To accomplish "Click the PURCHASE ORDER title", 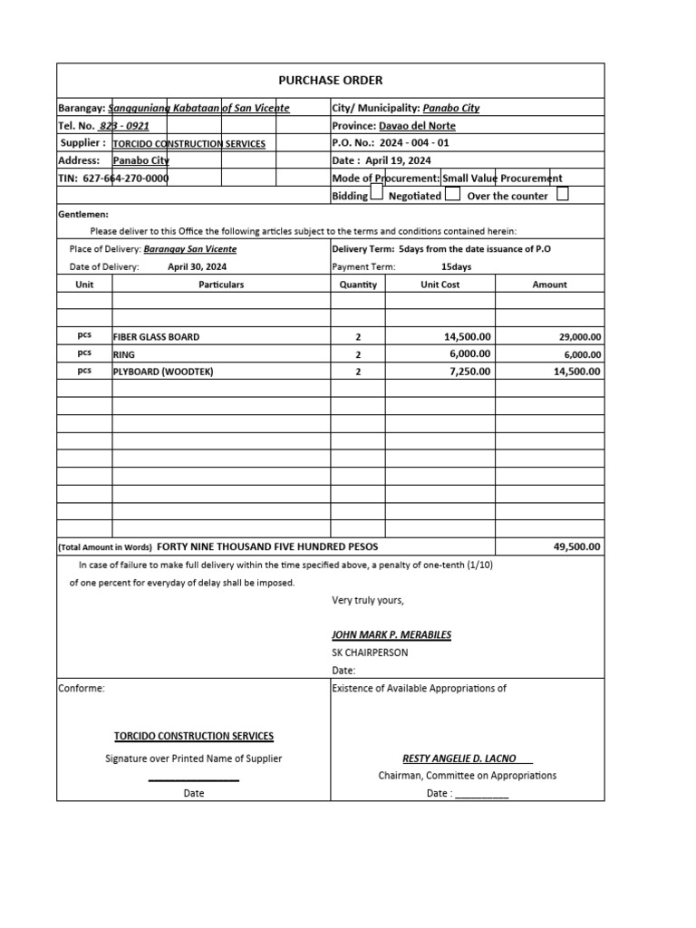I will pos(330,81).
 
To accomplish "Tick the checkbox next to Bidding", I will pos(377,194).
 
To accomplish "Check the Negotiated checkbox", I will pos(453,194).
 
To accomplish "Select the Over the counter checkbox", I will pos(563,194).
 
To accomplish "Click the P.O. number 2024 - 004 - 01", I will pos(414,143).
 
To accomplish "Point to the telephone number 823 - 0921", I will pos(125,126).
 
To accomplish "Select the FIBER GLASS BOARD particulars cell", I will pos(156,337).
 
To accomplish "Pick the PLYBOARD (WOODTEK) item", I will pos(163,372).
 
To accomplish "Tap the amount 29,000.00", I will pos(580,337).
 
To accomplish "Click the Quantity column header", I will pos(357,285).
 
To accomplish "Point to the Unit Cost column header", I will pos(440,285).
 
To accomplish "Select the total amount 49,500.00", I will pos(577,547).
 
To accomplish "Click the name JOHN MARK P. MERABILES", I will pos(391,634).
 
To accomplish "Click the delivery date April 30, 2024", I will pos(198,267).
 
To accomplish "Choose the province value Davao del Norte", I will pos(417,126).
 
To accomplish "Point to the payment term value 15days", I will pos(456,267).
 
